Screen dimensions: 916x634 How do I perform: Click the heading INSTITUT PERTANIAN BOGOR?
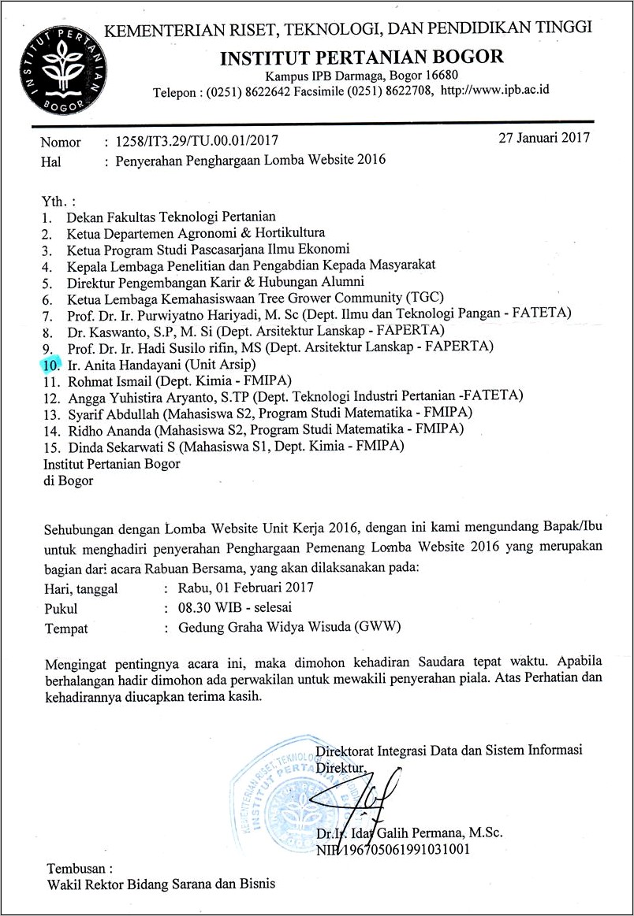(361, 57)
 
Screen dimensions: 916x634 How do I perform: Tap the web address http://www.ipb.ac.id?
(495, 91)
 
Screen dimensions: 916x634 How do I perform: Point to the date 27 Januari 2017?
(545, 138)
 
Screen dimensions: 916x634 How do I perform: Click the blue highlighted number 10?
(51, 365)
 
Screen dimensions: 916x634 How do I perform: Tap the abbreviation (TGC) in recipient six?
(423, 298)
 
